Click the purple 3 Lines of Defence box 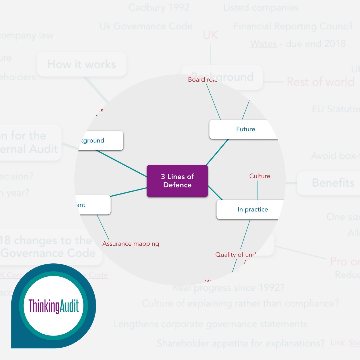[177, 181]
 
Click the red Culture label [260, 176]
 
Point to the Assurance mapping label [131, 244]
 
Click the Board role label [202, 80]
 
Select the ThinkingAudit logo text [54, 306]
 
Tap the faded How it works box [82, 64]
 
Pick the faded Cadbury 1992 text [159, 7]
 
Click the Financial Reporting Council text [293, 26]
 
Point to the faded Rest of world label [320, 82]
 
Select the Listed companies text [261, 7]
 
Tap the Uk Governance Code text [146, 26]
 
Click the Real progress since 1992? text [229, 288]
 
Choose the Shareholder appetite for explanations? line [241, 343]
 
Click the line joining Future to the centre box [217, 152]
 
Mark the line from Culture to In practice [258, 190]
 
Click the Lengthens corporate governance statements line [210, 324]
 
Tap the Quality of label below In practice [235, 255]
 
